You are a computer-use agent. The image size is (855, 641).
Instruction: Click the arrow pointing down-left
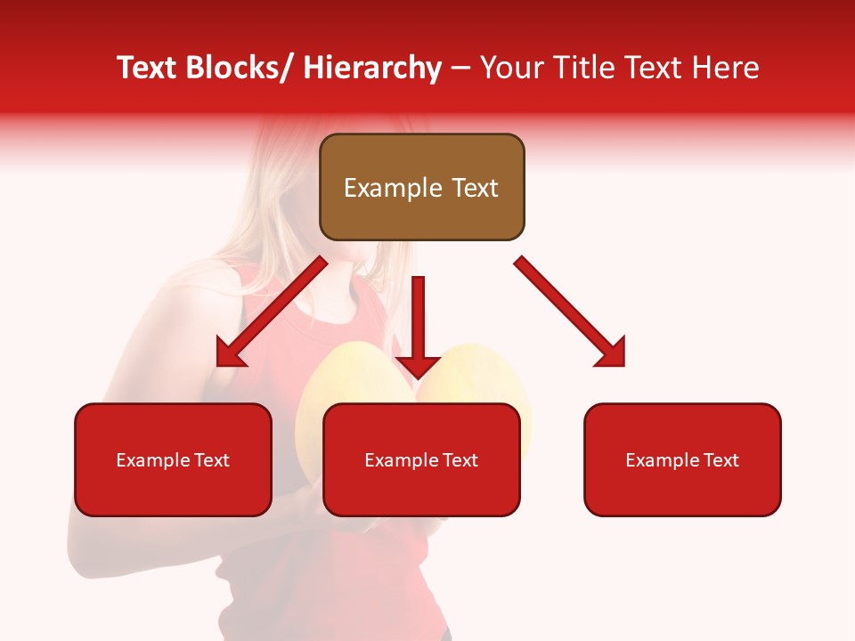point(272,312)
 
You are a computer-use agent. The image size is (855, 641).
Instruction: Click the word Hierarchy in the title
point(372,68)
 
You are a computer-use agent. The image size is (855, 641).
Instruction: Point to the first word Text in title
point(149,68)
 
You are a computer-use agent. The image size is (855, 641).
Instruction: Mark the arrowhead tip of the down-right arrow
point(623,365)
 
